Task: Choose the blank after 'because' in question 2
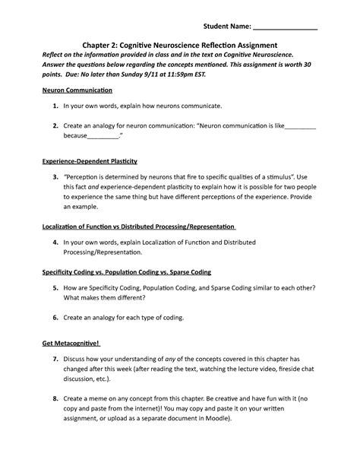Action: click(103, 138)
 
